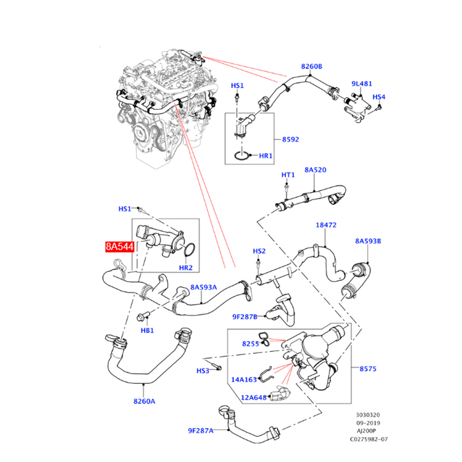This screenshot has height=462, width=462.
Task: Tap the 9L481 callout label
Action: tap(362, 84)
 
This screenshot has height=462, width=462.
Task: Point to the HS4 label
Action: tap(379, 97)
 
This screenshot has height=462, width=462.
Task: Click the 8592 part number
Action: tap(291, 138)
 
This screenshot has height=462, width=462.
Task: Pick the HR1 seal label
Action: tap(265, 156)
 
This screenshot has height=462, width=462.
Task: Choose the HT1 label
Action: tap(288, 175)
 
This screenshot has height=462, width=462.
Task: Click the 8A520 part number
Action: tap(315, 170)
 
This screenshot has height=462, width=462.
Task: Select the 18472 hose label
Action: tap(326, 225)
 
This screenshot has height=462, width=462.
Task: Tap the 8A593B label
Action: tap(368, 241)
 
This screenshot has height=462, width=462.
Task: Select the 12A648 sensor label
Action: tap(253, 397)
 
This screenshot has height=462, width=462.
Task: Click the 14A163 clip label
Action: tap(244, 380)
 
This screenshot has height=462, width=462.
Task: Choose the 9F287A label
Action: tap(201, 431)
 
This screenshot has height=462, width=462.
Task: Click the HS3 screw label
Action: tap(203, 371)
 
